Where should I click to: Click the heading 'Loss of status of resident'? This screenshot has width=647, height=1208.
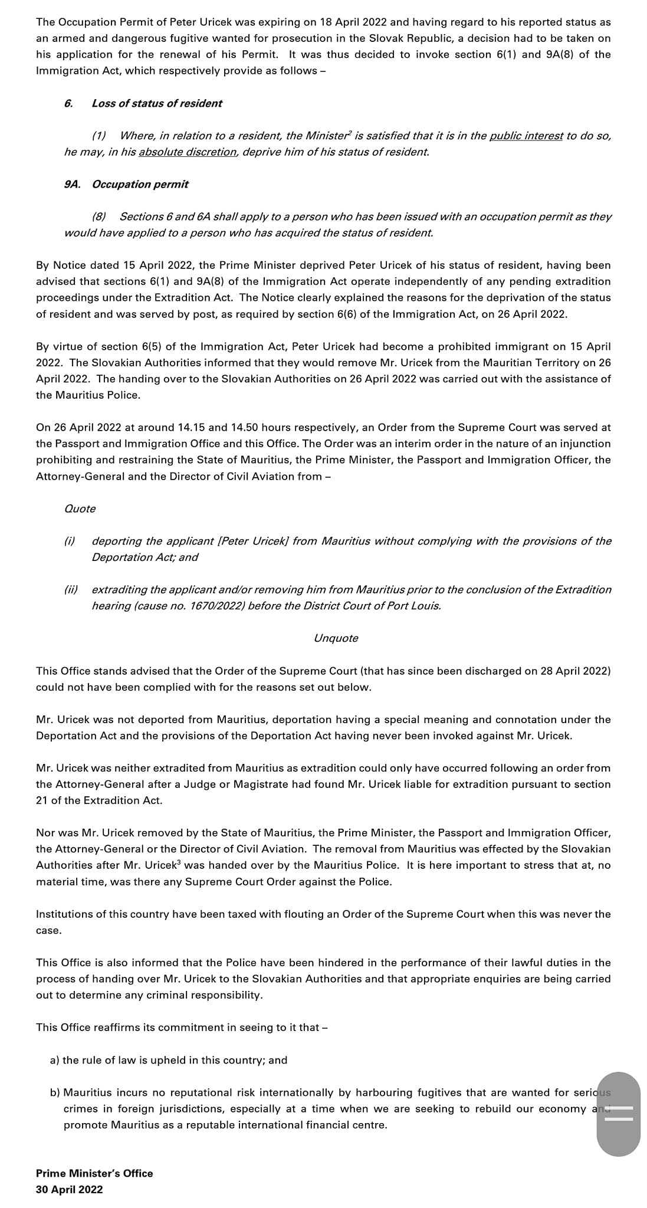pyautogui.click(x=157, y=103)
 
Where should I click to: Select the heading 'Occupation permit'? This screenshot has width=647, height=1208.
pyautogui.click(x=140, y=184)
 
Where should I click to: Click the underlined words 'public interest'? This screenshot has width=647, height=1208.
pyautogui.click(x=526, y=136)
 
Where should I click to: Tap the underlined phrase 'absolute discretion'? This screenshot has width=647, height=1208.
pyautogui.click(x=188, y=152)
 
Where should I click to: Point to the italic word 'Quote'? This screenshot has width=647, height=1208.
pyautogui.click(x=80, y=508)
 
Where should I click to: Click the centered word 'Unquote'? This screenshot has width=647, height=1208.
pyautogui.click(x=336, y=638)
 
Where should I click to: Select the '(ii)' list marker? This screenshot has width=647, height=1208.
pyautogui.click(x=71, y=589)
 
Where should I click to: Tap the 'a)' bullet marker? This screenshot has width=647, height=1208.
pyautogui.click(x=55, y=1060)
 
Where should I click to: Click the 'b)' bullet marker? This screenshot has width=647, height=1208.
pyautogui.click(x=55, y=1092)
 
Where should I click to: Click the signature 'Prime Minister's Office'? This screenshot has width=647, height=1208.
pyautogui.click(x=94, y=1173)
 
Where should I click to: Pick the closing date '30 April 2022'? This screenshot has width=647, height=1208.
pyautogui.click(x=69, y=1189)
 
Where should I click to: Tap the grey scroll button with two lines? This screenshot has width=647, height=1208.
pyautogui.click(x=618, y=1114)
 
